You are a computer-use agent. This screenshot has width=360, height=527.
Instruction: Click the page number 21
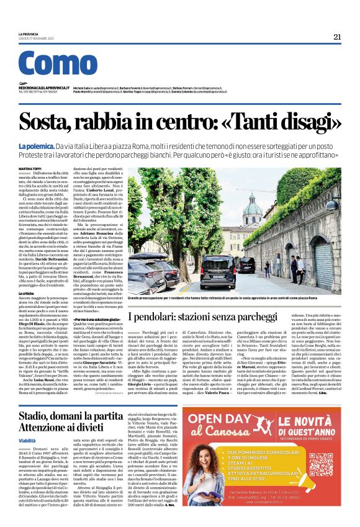pos(336,37)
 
